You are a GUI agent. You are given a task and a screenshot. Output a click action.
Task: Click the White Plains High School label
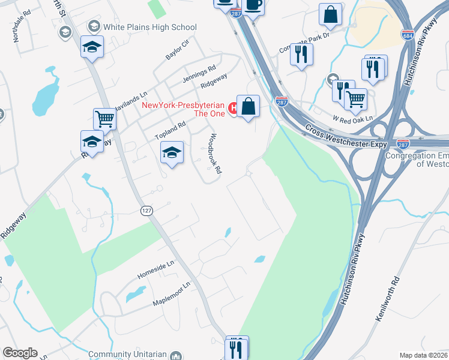pyautogui.click(x=149, y=26)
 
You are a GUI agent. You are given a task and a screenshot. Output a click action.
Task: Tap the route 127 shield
pyautogui.click(x=146, y=211)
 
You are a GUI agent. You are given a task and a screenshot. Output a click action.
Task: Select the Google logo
pyautogui.click(x=20, y=353)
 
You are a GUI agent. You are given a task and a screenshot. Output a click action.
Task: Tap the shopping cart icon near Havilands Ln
pyautogui.click(x=104, y=119)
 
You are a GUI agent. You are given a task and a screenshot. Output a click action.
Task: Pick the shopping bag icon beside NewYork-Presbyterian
pyautogui.click(x=248, y=106)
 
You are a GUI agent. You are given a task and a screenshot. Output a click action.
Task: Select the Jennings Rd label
pyautogui.click(x=199, y=74)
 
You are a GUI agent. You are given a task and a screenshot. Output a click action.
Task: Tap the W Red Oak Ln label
pyautogui.click(x=353, y=119)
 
